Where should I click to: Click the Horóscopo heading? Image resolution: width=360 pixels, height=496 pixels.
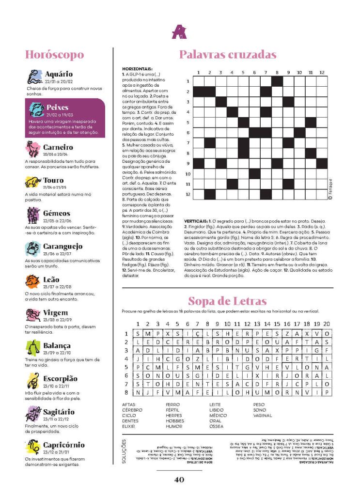coord(54,55)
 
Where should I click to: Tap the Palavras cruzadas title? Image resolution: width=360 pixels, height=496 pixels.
coord(228,54)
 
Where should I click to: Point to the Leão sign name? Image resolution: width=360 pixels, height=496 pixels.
coord(51,279)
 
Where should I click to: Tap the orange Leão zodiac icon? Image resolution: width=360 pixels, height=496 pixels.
coord(33,282)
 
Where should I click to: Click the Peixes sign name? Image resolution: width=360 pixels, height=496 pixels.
coord(57,107)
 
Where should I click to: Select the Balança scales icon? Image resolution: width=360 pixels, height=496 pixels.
coord(33,348)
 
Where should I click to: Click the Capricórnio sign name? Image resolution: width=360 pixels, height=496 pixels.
coord(63,445)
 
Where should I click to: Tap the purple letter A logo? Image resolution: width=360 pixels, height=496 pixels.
coord(179,32)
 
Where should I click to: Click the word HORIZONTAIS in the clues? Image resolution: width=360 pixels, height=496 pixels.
coord(138,69)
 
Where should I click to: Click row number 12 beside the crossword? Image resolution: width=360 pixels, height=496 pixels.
coord(188,195)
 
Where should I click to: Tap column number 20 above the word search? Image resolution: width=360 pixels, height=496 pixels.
coord(327,324)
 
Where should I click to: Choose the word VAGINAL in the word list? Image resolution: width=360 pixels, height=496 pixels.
coord(263,415)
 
